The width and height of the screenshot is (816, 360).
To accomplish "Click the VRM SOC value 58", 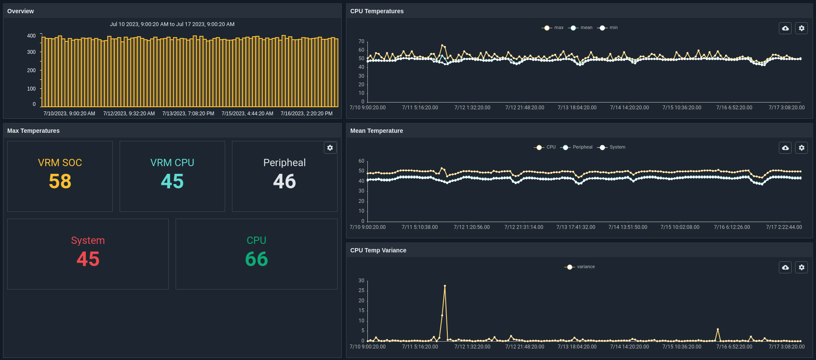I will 60,181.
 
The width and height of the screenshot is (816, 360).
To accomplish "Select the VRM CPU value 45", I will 172,181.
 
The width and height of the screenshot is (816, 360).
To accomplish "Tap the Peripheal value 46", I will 285,181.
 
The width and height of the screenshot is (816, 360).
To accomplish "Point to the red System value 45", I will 88,259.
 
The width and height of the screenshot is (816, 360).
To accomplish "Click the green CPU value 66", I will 256,259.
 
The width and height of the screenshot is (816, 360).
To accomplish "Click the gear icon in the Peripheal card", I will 330,148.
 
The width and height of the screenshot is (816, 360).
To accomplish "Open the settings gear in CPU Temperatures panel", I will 801,28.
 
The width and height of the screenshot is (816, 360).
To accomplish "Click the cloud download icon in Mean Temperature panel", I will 785,148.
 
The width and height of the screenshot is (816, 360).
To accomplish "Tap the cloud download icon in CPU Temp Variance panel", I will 785,267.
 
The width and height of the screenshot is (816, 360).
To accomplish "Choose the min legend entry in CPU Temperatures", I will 608,28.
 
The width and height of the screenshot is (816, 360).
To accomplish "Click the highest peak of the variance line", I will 445,286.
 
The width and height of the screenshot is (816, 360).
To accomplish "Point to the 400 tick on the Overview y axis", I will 32,36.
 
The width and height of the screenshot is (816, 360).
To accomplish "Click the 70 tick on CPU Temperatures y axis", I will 361,41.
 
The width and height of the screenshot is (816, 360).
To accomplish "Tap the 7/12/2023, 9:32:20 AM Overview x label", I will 129,114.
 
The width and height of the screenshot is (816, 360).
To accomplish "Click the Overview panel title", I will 21,11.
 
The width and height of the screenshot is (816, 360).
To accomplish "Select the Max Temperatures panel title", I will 33,131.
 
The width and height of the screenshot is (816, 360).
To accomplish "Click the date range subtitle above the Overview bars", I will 172,24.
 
